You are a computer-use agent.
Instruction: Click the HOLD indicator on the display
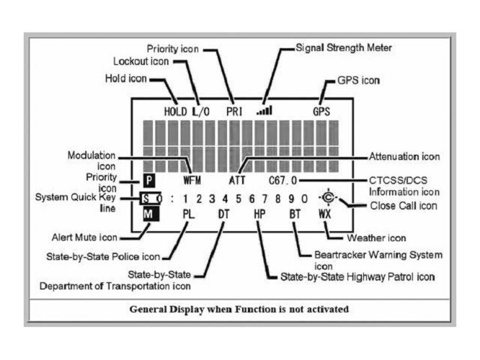(175, 112)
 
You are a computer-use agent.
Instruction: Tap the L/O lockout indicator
(201, 112)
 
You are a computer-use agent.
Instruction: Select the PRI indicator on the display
(234, 112)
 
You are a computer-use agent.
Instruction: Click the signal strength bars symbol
(265, 110)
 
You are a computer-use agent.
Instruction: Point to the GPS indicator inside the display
(321, 112)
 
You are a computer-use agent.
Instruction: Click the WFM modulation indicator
(192, 181)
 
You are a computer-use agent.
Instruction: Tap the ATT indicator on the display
(237, 181)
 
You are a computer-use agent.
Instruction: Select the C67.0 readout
(283, 181)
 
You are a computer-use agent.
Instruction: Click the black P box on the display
(149, 181)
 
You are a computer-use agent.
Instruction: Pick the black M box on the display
(151, 214)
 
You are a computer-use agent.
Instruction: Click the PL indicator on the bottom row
(189, 214)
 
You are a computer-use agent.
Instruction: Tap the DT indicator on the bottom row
(223, 214)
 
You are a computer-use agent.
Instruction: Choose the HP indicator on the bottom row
(259, 214)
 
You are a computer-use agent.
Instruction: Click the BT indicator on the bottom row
(295, 214)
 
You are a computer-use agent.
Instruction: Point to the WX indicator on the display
(325, 214)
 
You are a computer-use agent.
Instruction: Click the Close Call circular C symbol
(328, 197)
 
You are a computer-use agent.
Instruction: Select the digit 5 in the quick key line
(238, 199)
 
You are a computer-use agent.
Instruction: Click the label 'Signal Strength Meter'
(344, 48)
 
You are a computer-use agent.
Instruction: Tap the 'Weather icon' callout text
(376, 238)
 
